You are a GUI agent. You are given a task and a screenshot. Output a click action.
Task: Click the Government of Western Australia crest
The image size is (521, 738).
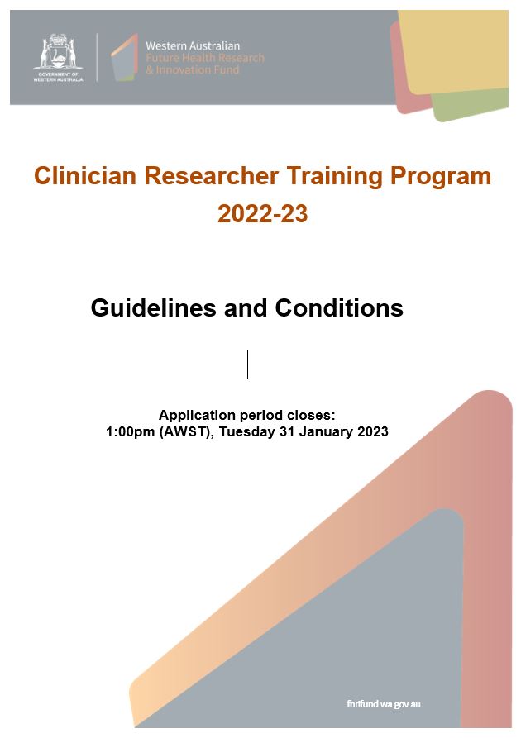click(x=59, y=57)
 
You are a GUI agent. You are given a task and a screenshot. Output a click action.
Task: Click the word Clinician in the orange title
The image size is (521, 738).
click(x=85, y=175)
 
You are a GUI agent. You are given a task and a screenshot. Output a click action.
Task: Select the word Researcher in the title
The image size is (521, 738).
click(x=211, y=175)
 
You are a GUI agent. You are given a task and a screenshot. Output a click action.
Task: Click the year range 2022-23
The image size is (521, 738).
click(x=263, y=214)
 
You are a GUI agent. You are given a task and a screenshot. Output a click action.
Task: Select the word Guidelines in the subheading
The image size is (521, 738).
click(x=154, y=307)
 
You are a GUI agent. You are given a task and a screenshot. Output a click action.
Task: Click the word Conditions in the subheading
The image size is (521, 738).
click(x=339, y=307)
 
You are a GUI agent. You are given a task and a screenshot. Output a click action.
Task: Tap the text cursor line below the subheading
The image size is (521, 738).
click(x=248, y=364)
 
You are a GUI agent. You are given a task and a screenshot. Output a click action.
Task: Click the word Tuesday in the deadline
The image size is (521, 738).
click(x=247, y=432)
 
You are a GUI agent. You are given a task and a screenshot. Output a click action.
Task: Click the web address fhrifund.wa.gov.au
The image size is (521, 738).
click(x=384, y=704)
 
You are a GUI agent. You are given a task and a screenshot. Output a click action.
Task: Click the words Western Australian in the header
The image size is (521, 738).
click(x=193, y=45)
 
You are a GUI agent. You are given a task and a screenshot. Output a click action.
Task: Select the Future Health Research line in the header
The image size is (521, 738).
click(x=205, y=58)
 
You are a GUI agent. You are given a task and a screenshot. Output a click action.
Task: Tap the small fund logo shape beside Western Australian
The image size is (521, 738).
click(x=124, y=57)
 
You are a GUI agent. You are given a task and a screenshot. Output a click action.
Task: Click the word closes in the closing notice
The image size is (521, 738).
click(x=313, y=416)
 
